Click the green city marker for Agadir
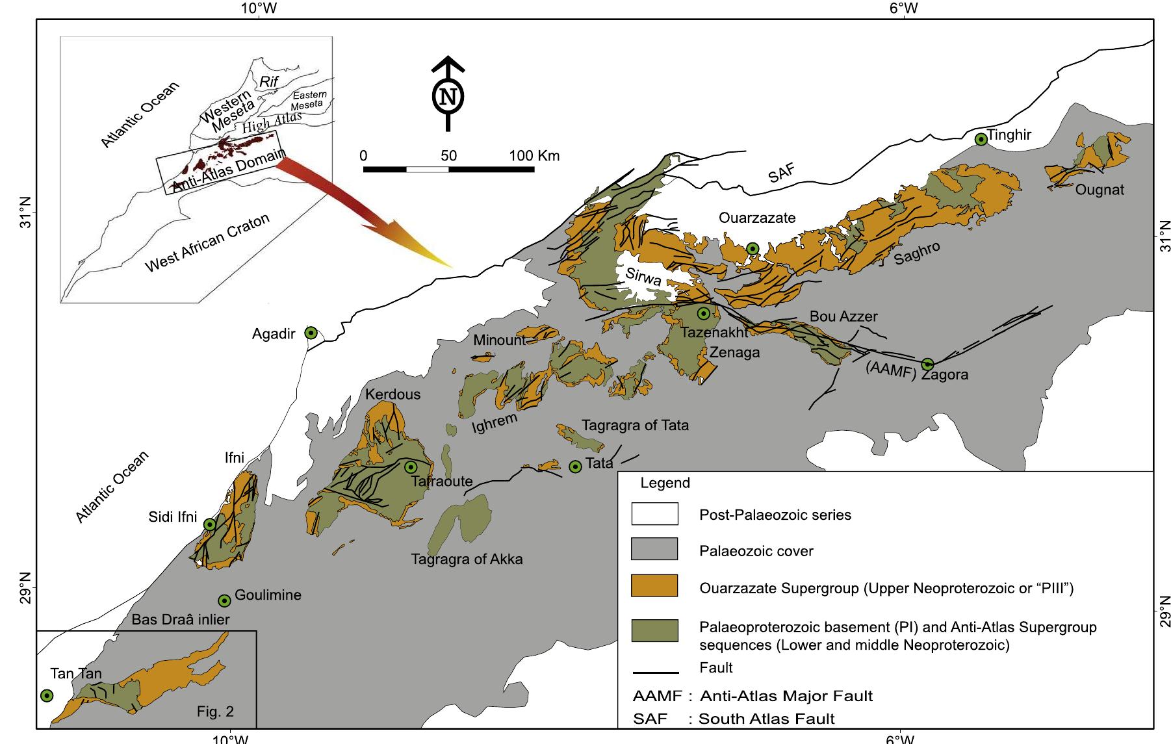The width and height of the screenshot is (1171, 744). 311,333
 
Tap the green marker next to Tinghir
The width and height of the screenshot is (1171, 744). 981,139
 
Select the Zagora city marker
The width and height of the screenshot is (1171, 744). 927,364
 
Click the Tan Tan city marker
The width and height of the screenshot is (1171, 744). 46,696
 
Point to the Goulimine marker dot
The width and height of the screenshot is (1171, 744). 224,600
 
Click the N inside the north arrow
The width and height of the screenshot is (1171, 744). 448,97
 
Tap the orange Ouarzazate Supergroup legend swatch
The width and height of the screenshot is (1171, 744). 654,586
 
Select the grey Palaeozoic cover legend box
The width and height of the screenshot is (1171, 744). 654,549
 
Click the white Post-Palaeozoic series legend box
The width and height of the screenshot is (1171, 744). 654,513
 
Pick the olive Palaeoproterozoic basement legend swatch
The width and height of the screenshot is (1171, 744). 654,630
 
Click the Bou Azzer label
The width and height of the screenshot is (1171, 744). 843,316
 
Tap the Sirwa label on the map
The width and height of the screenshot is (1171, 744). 643,278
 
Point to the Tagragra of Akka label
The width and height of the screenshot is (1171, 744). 467,559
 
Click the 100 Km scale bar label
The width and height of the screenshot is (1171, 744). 534,156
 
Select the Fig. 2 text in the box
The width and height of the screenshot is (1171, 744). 215,712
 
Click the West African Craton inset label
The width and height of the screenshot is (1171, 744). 207,244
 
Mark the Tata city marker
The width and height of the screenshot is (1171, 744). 575,467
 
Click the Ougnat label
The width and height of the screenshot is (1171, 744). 1100,190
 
